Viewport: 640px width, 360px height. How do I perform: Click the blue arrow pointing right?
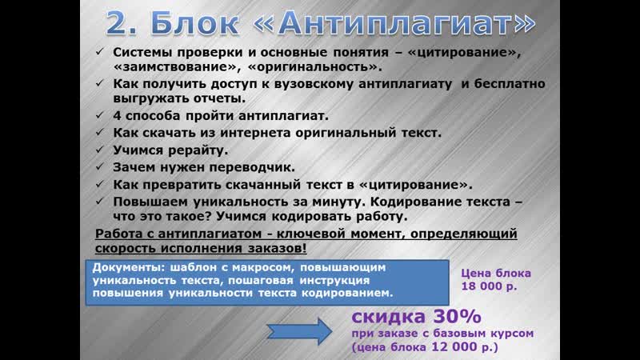[299, 331]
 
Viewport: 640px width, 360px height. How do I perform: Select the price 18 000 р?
[489, 286]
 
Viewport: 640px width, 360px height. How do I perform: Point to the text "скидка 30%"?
[416, 316]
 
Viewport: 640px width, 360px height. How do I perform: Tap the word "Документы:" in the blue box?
[129, 268]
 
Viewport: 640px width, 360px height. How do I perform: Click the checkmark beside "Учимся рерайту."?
[100, 150]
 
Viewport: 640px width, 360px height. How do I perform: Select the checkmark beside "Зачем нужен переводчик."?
[100, 167]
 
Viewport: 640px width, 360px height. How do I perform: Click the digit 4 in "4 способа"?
[117, 115]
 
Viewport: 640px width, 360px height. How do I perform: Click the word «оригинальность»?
[314, 67]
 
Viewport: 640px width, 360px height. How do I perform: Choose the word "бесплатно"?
[504, 84]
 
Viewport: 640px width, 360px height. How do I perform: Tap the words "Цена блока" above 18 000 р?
[496, 273]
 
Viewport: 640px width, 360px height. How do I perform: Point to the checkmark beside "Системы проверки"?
[100, 52]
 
